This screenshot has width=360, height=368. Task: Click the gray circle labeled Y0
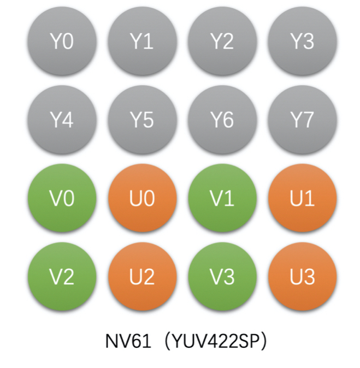click(x=61, y=41)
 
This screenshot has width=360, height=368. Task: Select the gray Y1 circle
click(x=141, y=41)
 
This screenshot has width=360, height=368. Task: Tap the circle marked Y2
click(x=222, y=41)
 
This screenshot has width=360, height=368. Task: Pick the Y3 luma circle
click(x=302, y=41)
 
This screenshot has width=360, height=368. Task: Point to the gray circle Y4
click(x=61, y=120)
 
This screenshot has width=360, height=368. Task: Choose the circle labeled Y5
click(x=141, y=120)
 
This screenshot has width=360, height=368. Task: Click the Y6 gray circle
click(x=222, y=120)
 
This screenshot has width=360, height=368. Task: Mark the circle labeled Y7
click(x=302, y=120)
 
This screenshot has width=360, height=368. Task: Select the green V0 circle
click(x=61, y=199)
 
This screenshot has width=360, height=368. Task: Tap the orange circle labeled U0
click(x=141, y=199)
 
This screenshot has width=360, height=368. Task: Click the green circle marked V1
click(x=222, y=199)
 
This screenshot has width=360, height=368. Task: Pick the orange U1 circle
click(x=302, y=199)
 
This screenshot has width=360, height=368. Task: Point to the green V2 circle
click(x=61, y=277)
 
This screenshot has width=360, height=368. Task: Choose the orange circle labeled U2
click(x=141, y=277)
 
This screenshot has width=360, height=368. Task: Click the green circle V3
click(x=222, y=277)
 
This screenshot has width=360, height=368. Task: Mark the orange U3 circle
click(x=302, y=277)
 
